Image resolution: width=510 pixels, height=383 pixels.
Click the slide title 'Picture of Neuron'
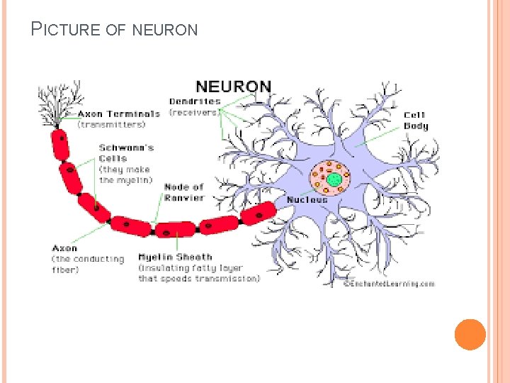114,29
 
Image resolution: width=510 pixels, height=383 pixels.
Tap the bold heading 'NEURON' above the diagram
233,87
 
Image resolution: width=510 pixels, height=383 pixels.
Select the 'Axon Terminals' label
118,113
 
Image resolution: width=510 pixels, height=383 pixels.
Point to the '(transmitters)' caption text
111,124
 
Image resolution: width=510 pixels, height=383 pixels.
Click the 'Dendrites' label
195,101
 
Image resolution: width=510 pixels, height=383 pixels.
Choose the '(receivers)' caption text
194,112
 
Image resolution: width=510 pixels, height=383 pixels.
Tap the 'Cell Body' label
416,121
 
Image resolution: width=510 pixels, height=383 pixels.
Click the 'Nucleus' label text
307,200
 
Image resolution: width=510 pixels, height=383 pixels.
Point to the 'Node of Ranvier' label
183,192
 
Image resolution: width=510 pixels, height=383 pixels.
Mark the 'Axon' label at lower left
64,248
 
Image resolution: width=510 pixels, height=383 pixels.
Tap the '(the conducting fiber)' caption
87,264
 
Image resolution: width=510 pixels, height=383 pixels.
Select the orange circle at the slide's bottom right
470,335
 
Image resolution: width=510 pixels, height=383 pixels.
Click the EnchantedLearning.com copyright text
389,284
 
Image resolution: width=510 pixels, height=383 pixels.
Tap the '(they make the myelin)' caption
125,174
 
